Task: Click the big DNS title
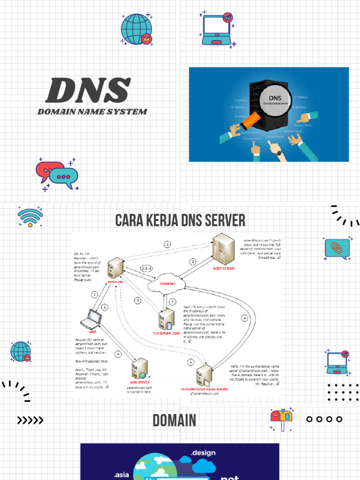[88, 90]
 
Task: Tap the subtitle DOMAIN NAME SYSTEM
[92, 112]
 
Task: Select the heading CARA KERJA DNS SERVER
[180, 220]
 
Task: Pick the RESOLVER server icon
[115, 269]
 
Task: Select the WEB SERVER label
[140, 382]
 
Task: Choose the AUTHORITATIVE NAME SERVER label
[204, 389]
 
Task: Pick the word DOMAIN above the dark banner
[174, 420]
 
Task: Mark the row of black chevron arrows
[30, 420]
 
